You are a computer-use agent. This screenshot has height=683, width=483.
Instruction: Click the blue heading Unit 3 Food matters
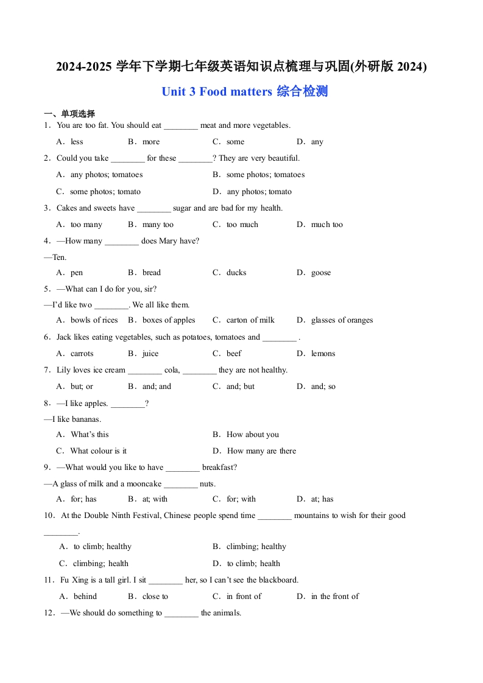[x=244, y=92]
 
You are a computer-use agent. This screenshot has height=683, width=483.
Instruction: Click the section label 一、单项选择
[x=69, y=114]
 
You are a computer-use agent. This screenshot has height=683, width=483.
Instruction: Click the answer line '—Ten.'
[x=55, y=257]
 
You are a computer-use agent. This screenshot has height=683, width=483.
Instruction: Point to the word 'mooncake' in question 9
[x=144, y=484]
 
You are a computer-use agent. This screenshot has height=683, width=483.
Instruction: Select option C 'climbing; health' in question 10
[x=100, y=564]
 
